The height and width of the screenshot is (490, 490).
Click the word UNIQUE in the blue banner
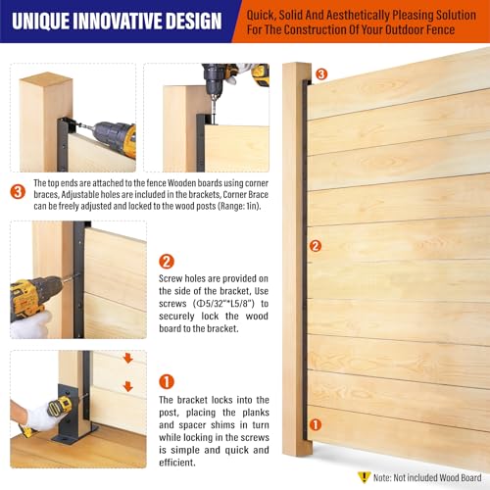pyautogui.click(x=39, y=21)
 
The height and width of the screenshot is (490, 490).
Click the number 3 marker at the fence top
pyautogui.click(x=321, y=73)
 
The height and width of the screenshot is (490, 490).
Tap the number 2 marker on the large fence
pyautogui.click(x=316, y=246)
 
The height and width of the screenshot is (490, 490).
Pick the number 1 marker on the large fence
pyautogui.click(x=316, y=424)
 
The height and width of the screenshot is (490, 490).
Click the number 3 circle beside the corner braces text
pyautogui.click(x=18, y=192)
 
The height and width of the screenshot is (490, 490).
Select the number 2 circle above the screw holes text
pyautogui.click(x=167, y=262)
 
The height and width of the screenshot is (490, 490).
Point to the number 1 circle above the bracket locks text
pyautogui.click(x=167, y=381)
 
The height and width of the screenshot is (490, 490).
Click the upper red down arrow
pyautogui.click(x=128, y=359)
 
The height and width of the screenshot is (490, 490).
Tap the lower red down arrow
pyautogui.click(x=128, y=386)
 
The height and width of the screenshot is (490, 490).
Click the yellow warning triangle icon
pyautogui.click(x=364, y=477)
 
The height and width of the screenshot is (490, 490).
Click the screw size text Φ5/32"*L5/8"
pyautogui.click(x=223, y=304)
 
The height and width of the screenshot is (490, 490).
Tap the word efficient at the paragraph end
pyautogui.click(x=177, y=463)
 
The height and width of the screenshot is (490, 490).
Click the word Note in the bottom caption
pyautogui.click(x=381, y=478)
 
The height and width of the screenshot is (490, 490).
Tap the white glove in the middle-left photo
pyautogui.click(x=31, y=323)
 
